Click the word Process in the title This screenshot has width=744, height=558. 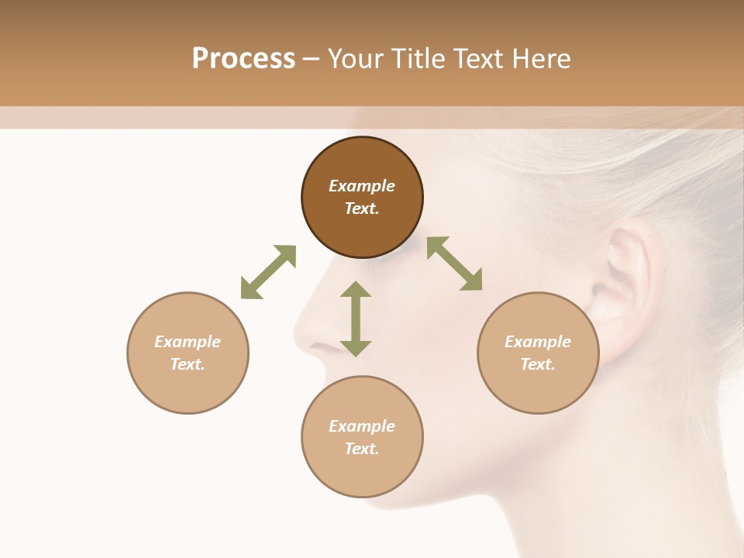click(243, 59)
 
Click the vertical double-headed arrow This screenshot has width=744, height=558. click(356, 319)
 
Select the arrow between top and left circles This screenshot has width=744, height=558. click(268, 272)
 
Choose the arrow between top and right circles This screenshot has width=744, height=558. click(455, 264)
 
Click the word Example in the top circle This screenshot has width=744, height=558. click(362, 186)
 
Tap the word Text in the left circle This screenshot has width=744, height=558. click(188, 364)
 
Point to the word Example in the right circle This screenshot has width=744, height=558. click(538, 342)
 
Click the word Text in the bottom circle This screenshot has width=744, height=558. click(362, 449)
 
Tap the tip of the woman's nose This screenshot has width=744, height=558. click(298, 337)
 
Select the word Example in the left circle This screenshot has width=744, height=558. click(188, 342)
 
